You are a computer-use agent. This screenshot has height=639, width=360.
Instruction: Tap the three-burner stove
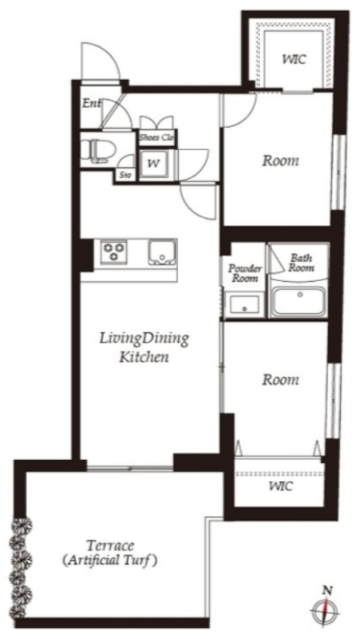point(113,251)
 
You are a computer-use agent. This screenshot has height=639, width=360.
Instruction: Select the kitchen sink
point(162,252)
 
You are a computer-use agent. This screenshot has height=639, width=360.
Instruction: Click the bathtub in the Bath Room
point(299,301)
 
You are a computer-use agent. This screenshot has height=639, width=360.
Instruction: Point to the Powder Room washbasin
point(243,304)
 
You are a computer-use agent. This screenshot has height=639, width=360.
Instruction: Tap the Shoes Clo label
point(156,137)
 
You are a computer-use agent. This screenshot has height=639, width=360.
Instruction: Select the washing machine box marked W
point(154,165)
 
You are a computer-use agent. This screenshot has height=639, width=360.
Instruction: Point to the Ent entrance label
point(92,103)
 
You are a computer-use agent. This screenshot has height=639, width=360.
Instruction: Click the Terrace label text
point(110,545)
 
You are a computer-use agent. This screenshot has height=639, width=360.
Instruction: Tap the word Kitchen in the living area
point(144,357)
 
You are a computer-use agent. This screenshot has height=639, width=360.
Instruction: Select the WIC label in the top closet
point(294,59)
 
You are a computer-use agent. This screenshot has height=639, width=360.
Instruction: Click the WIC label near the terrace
point(281,486)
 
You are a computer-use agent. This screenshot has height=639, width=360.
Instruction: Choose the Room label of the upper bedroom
point(280,161)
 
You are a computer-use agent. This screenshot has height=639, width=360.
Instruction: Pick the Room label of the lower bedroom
point(280,380)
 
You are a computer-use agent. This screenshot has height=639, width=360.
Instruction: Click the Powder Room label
point(245,273)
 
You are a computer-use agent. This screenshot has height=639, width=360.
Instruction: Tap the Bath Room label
point(302,263)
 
